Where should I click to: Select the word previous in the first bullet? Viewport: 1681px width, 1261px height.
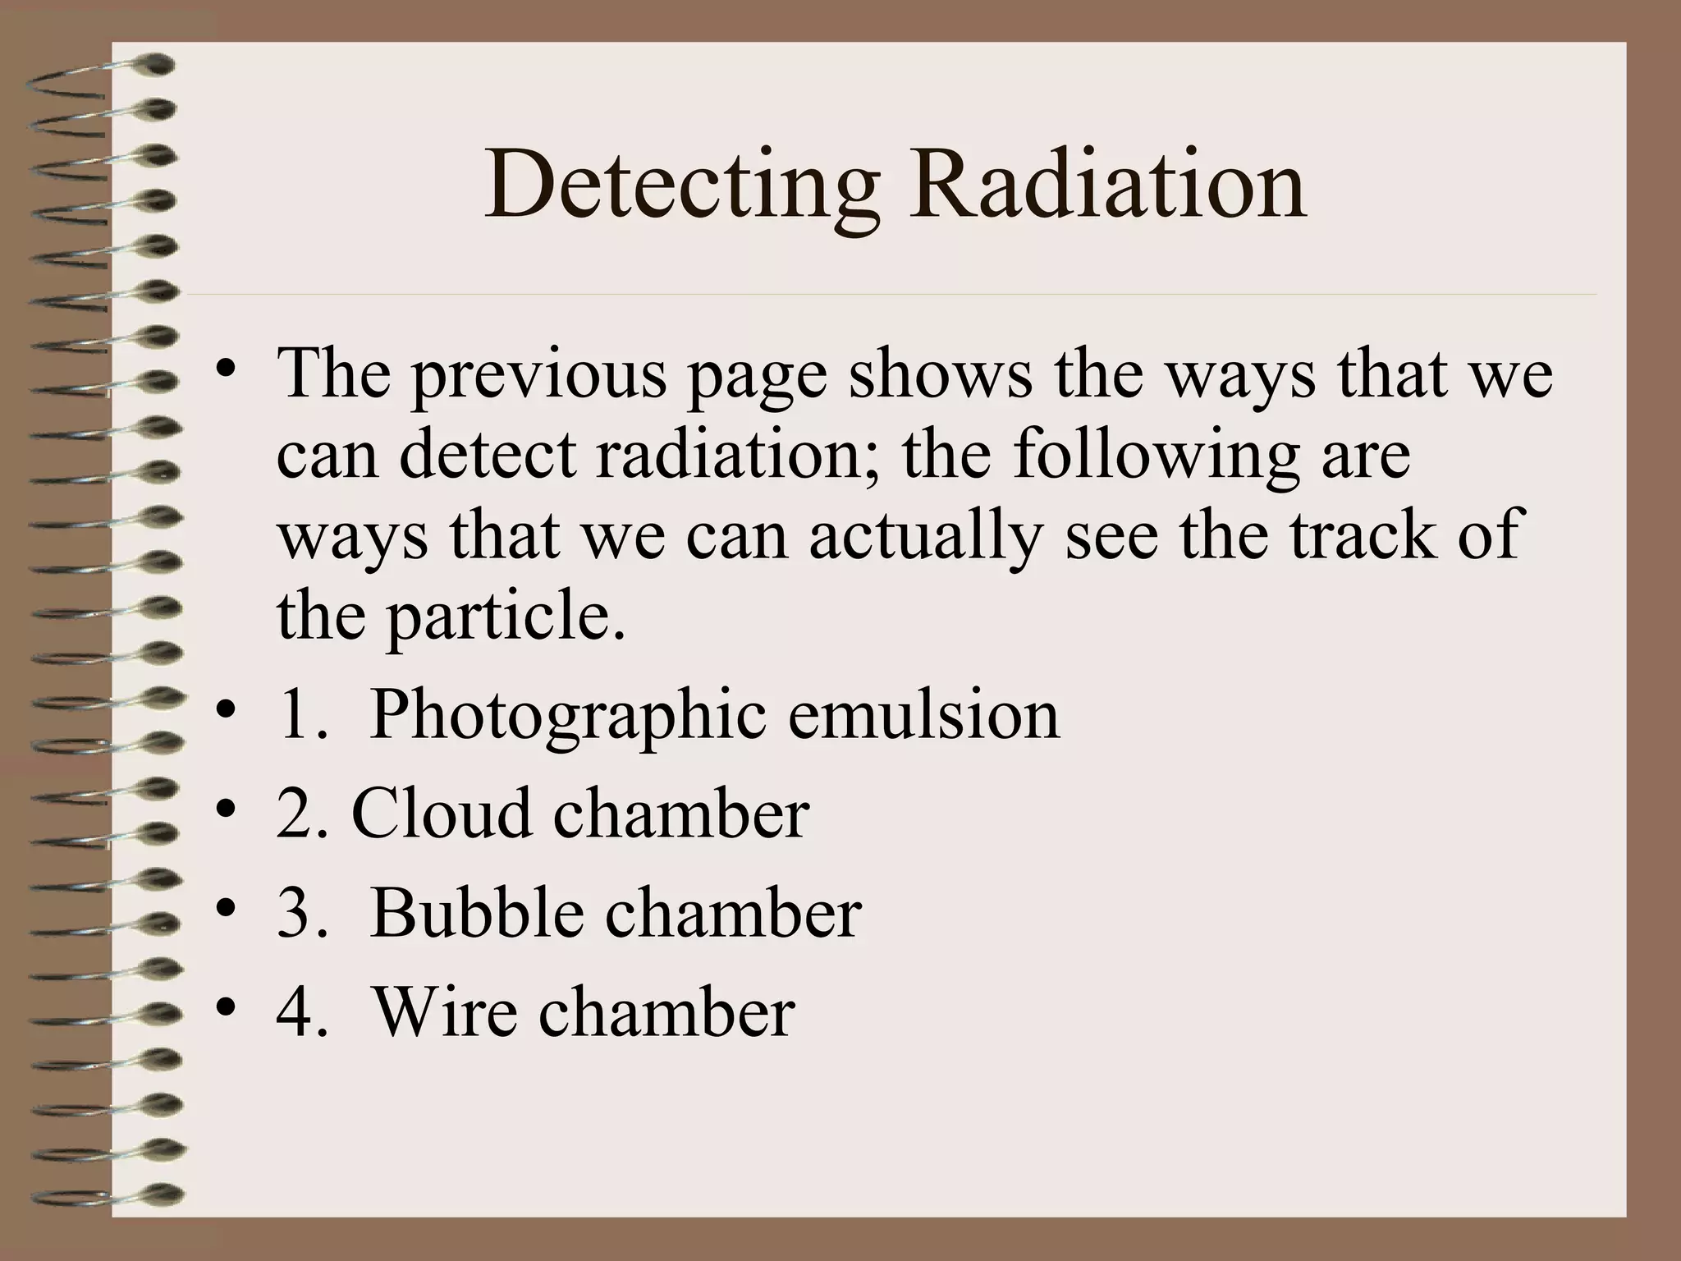click(538, 375)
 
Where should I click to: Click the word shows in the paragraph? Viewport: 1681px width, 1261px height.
click(940, 374)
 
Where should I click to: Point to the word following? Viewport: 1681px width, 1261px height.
click(1157, 456)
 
